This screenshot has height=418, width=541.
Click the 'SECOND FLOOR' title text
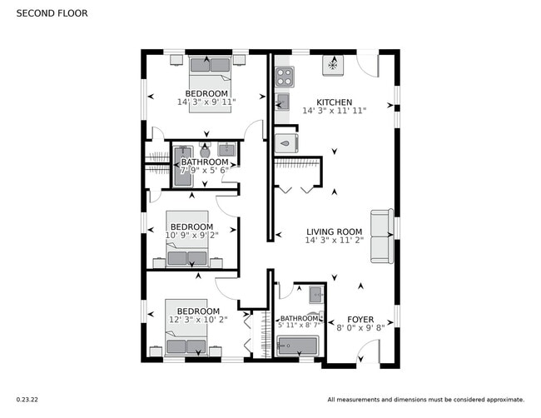52,14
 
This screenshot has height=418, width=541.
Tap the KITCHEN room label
334,102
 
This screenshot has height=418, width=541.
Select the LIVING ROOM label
334,232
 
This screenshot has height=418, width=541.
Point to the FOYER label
360,319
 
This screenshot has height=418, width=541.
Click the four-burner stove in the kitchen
285,76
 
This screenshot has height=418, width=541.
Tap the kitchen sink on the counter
283,102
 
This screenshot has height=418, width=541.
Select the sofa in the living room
382,236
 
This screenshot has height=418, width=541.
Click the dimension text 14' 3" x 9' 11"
206,102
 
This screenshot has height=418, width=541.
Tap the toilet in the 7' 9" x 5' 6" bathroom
205,152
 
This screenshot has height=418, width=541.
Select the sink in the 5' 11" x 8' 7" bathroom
315,294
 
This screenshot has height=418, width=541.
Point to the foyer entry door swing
367,355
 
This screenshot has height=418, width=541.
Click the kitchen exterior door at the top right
367,65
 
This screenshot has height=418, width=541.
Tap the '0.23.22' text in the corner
27,400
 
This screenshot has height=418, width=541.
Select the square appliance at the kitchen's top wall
333,63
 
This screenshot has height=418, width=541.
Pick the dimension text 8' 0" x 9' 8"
360,329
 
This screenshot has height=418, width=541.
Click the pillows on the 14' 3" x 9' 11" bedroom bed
206,62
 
